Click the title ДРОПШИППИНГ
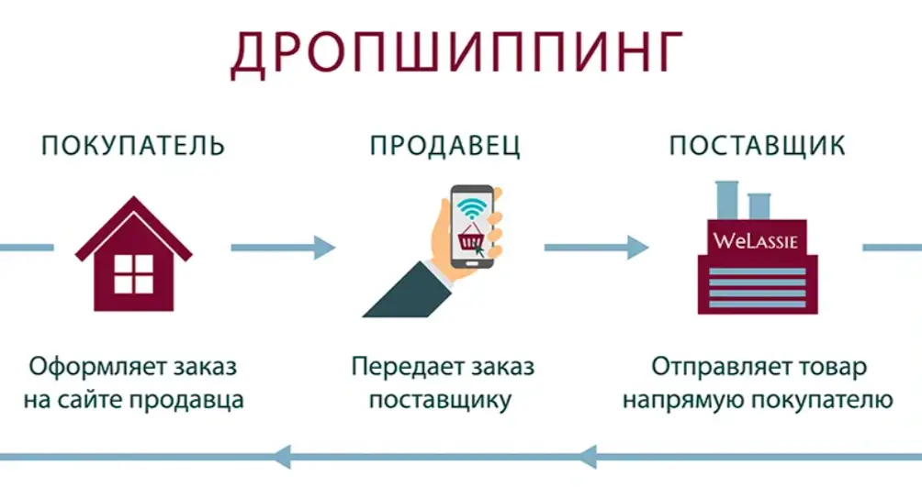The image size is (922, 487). (457, 54)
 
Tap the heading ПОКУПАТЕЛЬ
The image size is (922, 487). (133, 146)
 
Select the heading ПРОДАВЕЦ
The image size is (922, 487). (445, 146)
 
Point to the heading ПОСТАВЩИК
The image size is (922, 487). (758, 146)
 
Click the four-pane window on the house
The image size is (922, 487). (133, 273)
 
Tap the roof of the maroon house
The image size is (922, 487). (133, 227)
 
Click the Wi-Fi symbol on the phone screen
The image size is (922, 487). (472, 208)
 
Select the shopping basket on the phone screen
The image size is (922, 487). (470, 238)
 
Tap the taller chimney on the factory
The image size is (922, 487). (726, 200)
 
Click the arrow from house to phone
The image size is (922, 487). (283, 248)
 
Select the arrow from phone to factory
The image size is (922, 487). (596, 248)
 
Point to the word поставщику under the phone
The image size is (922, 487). (441, 401)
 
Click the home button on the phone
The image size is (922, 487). (472, 262)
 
